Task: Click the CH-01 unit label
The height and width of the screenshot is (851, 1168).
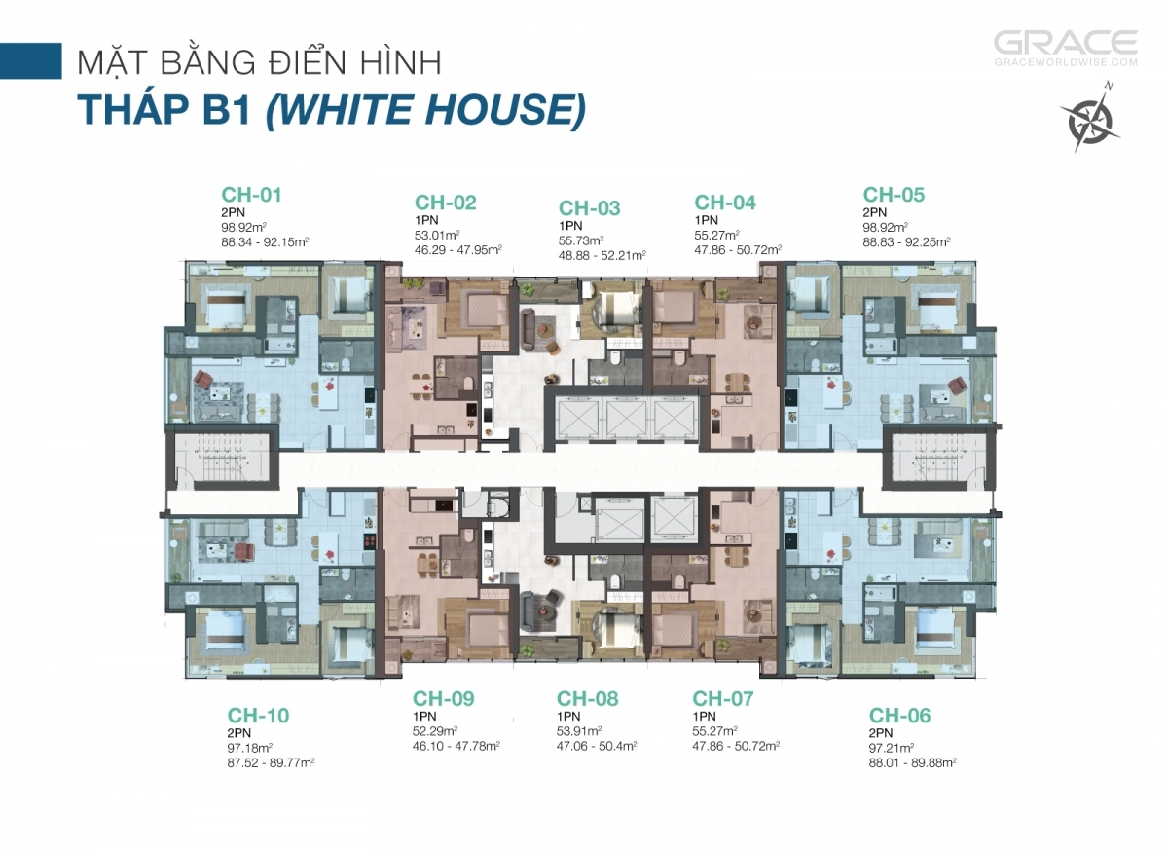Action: tap(251, 195)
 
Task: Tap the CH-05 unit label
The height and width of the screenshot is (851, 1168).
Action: tap(894, 195)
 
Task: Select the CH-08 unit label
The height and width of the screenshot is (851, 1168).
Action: tap(587, 699)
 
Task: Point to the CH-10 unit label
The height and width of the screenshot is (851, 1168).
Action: tap(258, 716)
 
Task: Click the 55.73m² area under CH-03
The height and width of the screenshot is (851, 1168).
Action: tap(581, 240)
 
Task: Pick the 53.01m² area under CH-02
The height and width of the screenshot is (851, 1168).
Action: tap(437, 235)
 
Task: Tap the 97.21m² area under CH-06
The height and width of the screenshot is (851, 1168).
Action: tap(892, 748)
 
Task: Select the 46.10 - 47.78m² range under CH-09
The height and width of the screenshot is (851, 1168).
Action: tap(456, 746)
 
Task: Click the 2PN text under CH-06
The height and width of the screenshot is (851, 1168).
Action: tap(881, 732)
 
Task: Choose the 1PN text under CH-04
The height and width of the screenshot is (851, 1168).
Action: tap(706, 220)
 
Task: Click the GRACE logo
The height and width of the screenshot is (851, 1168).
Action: tap(1066, 43)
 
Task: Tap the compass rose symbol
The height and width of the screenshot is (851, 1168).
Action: tap(1089, 118)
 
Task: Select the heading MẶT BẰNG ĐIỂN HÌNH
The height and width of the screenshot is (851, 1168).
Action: tap(259, 62)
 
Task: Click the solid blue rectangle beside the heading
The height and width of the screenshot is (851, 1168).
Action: tap(31, 61)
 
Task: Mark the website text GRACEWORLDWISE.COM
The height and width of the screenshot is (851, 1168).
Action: tap(1066, 62)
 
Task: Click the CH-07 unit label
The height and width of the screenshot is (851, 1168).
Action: tap(722, 699)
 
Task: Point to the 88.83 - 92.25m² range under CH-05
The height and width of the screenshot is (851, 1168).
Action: tap(906, 242)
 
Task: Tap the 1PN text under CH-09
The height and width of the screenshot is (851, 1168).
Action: tap(424, 716)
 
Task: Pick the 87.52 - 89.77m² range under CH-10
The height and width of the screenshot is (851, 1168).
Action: tap(271, 762)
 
